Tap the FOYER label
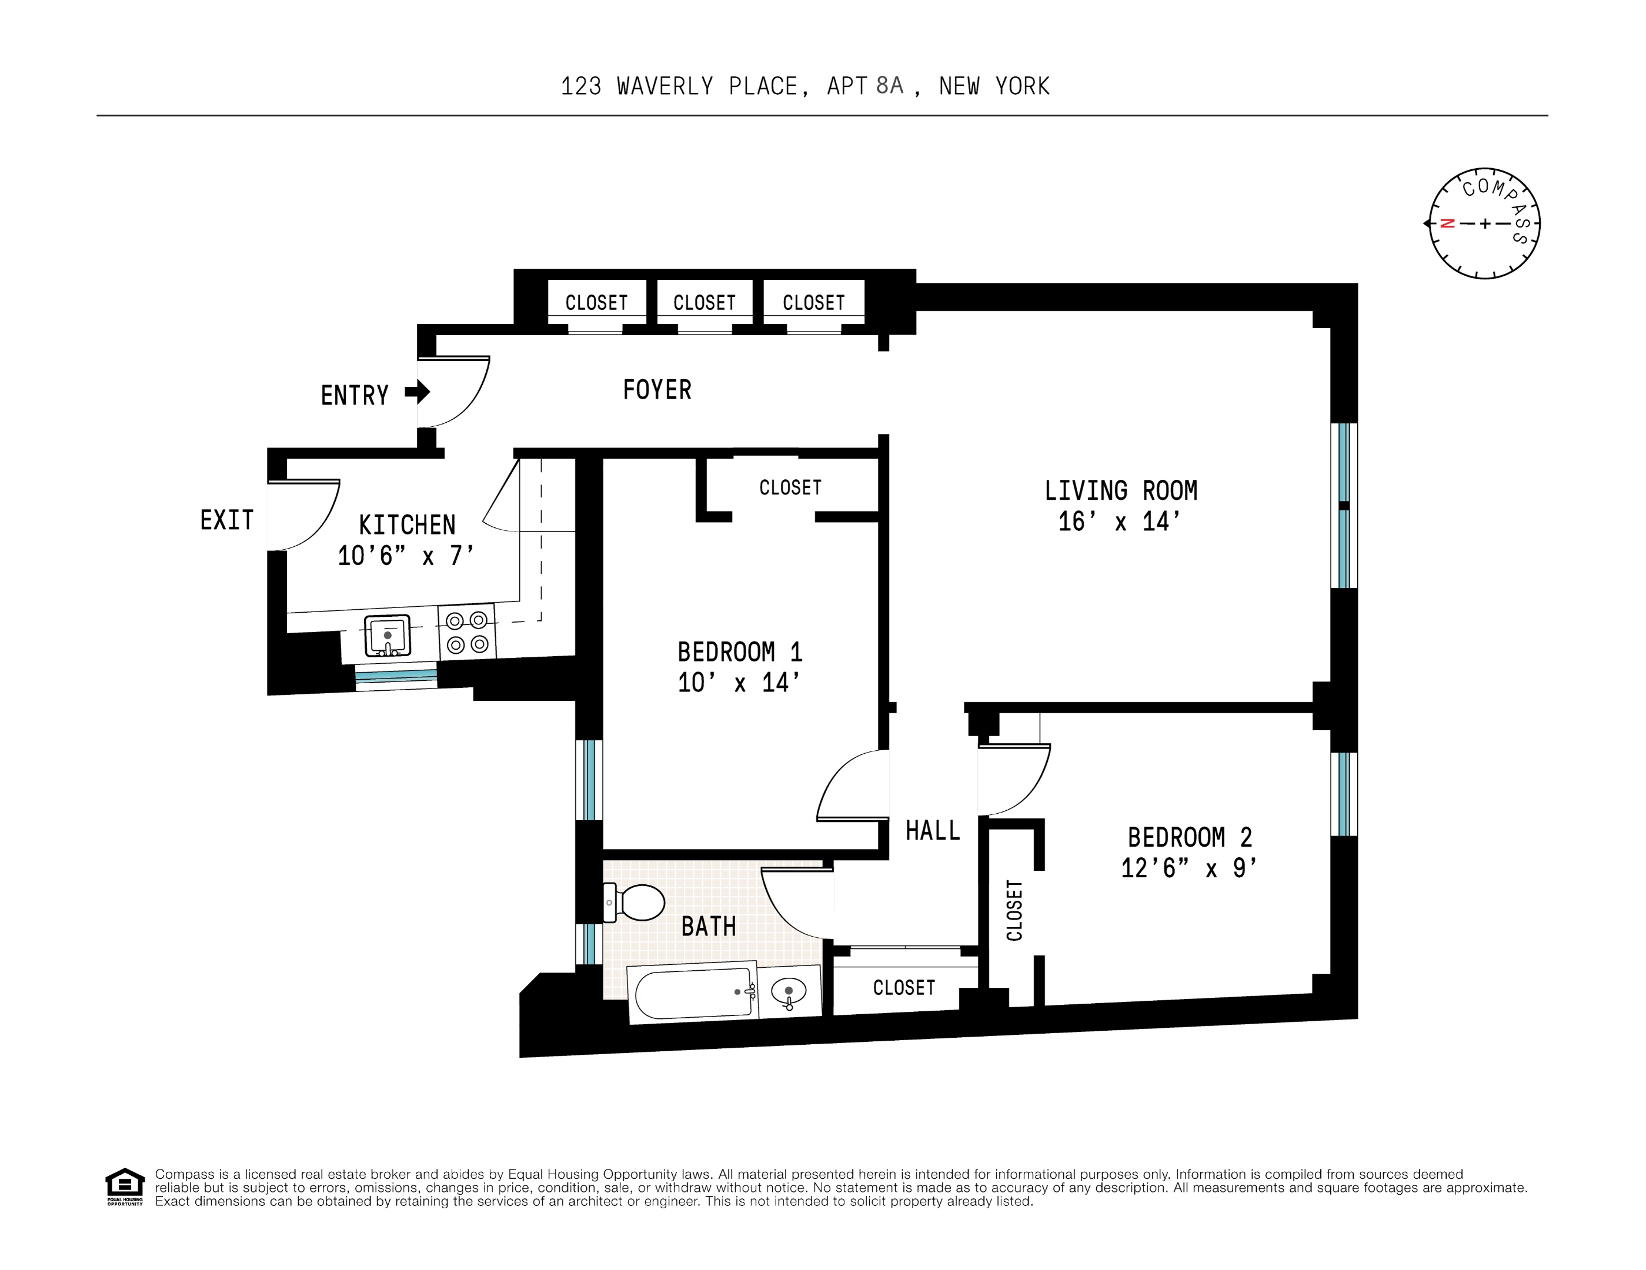(656, 390)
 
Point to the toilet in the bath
(637, 902)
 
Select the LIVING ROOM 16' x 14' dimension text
(1119, 522)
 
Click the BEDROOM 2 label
(1188, 837)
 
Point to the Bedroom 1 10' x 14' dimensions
(739, 683)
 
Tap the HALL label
(932, 831)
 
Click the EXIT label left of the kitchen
(226, 520)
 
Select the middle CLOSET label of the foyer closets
(704, 303)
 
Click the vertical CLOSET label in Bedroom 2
(1014, 911)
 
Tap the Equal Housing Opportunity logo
(124, 1185)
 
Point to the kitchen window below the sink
(396, 676)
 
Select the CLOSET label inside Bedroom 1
(790, 487)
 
